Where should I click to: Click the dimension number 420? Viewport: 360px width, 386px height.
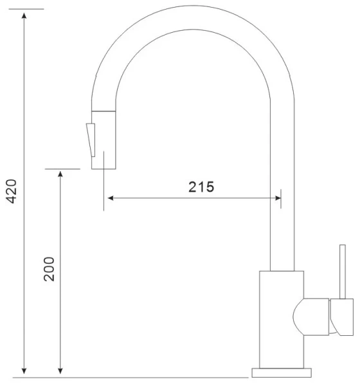12,191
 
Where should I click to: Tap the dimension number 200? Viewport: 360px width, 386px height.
49,269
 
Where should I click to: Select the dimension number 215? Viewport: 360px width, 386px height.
201,187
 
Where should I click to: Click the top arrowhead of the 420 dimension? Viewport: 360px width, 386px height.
24,15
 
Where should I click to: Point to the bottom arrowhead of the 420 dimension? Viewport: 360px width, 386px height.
24,371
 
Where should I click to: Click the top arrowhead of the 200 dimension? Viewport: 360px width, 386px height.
60,174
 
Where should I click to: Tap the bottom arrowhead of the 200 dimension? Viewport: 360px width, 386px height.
60,371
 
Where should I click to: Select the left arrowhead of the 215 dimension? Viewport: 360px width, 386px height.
111,198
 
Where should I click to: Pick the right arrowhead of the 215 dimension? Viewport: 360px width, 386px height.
278,198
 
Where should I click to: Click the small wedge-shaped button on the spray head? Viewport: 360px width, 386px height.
91,140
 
